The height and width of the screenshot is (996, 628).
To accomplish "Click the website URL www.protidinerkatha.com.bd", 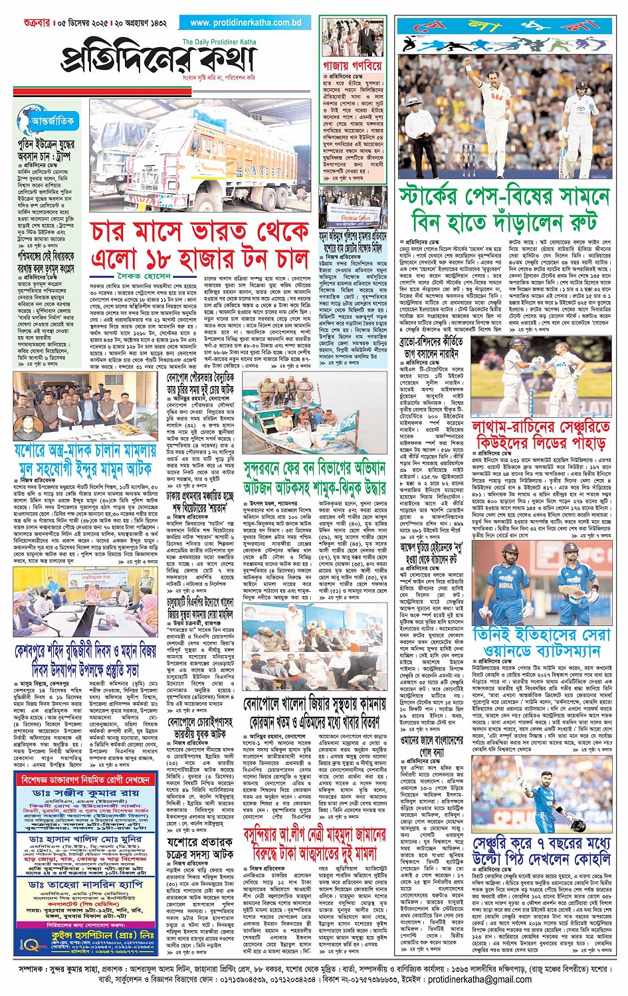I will [245, 23].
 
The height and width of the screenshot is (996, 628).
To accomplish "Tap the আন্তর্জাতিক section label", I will [52, 121].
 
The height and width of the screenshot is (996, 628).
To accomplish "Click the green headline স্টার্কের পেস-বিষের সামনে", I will [504, 197].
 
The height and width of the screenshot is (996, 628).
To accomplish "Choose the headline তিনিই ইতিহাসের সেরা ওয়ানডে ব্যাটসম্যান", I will [542, 643].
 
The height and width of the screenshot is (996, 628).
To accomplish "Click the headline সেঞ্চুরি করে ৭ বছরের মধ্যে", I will [541, 851].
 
